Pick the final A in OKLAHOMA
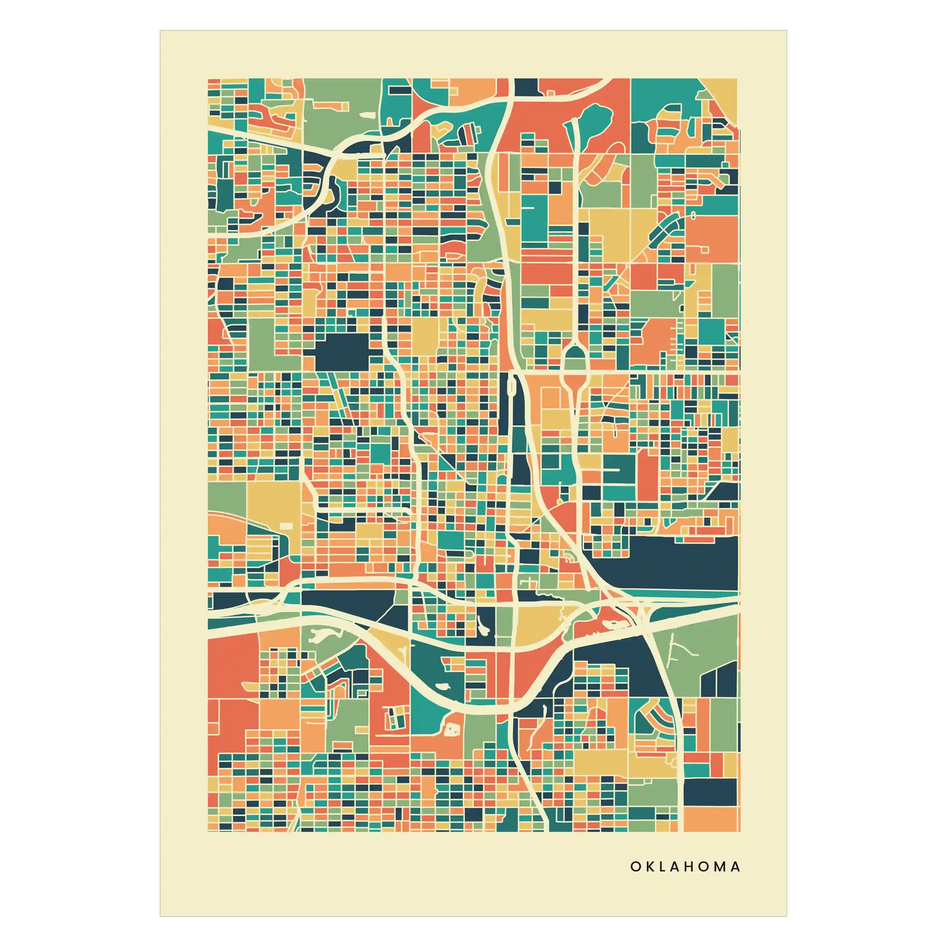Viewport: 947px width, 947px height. (x=735, y=866)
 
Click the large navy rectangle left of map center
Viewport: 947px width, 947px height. (x=343, y=352)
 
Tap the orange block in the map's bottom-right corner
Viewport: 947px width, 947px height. (x=710, y=819)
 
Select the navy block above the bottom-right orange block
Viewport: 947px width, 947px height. (x=710, y=791)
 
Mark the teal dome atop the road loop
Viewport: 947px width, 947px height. (x=574, y=357)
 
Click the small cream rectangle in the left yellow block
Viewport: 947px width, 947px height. (x=286, y=526)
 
